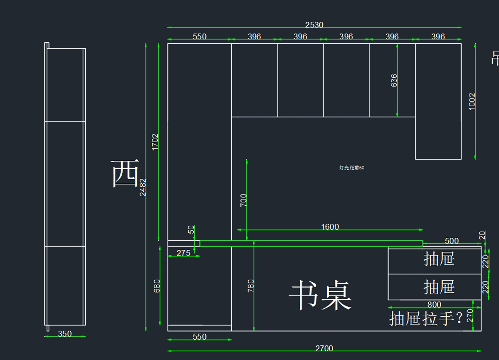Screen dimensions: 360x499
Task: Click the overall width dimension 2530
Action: tap(314, 25)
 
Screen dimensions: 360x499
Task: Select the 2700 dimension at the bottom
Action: tap(324, 348)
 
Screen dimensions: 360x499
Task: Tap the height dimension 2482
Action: tap(143, 187)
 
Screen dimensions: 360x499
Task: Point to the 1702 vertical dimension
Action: tap(155, 142)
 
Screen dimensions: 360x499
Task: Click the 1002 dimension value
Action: tap(472, 101)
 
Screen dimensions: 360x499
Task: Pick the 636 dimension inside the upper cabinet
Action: tap(394, 81)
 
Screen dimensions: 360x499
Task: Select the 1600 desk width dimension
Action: tap(330, 227)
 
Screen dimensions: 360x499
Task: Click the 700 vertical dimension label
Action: tap(244, 200)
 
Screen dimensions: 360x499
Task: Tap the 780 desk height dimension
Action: tap(251, 286)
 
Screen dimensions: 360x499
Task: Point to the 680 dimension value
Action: tap(157, 286)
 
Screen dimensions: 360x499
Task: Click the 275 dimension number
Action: tap(183, 253)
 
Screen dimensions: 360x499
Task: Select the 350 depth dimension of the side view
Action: tap(65, 334)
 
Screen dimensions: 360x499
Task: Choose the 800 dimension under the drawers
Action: tap(434, 305)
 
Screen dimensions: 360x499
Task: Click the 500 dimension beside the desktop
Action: tap(452, 241)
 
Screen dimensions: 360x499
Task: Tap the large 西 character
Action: tap(125, 174)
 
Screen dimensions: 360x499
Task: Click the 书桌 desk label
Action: tap(321, 296)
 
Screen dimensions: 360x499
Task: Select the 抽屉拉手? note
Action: tap(426, 319)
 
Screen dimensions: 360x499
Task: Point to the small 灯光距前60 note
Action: tap(352, 168)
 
